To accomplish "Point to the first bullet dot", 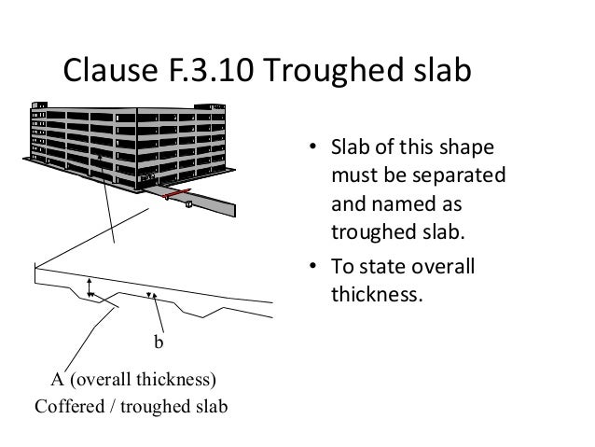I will (x=315, y=148).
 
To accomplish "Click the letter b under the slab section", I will (x=158, y=343).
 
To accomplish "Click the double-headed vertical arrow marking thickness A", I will (x=90, y=287).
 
